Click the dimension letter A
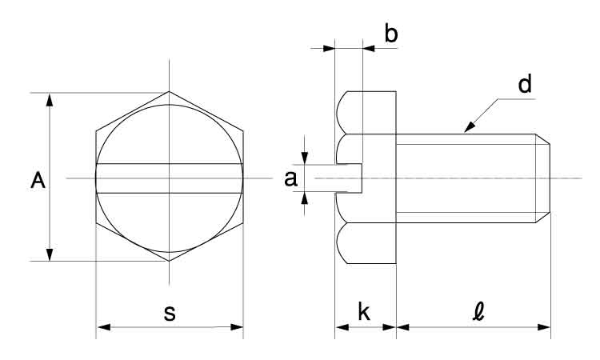[37, 181]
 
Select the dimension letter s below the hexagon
[170, 313]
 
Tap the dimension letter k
[363, 313]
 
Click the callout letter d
[525, 86]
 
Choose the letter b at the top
[391, 34]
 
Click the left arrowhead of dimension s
[102, 326]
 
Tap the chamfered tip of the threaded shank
[543, 178]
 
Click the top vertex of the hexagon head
[170, 93]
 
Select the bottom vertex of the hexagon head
[170, 261]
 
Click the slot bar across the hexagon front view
[170, 178]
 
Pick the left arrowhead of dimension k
[339, 326]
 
